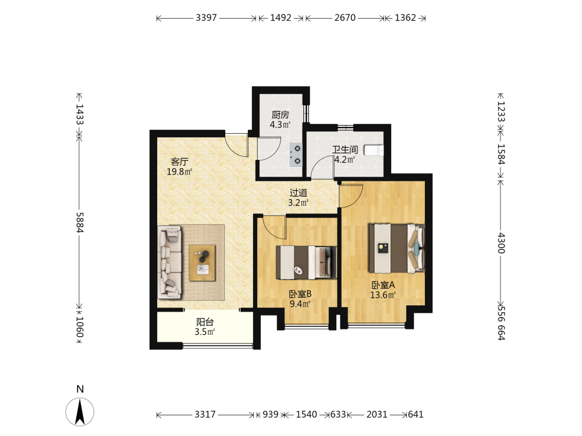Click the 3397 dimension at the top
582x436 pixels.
pyautogui.click(x=206, y=18)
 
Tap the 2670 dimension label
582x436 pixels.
pyautogui.click(x=345, y=18)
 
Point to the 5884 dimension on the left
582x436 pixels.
pyautogui.click(x=80, y=223)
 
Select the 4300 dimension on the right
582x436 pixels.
pyautogui.click(x=501, y=243)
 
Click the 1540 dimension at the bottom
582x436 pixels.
pyautogui.click(x=306, y=414)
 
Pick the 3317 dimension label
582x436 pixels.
pyautogui.click(x=205, y=414)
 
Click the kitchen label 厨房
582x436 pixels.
pyautogui.click(x=281, y=115)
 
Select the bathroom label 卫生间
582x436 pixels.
pyautogui.click(x=345, y=149)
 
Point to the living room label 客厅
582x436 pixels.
pyautogui.click(x=180, y=162)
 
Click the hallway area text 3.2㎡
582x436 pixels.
pyautogui.click(x=299, y=203)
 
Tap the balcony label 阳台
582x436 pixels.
pyautogui.click(x=205, y=322)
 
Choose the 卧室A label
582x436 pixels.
pyautogui.click(x=383, y=285)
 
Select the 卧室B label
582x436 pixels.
pyautogui.click(x=300, y=294)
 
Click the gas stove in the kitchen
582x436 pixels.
pyautogui.click(x=296, y=155)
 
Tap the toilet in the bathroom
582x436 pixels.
pyautogui.click(x=374, y=150)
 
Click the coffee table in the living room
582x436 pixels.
pyautogui.click(x=203, y=263)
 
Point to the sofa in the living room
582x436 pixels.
pyautogui.click(x=170, y=263)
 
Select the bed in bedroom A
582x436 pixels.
pyautogui.click(x=396, y=248)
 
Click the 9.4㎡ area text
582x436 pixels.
pyautogui.click(x=300, y=304)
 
